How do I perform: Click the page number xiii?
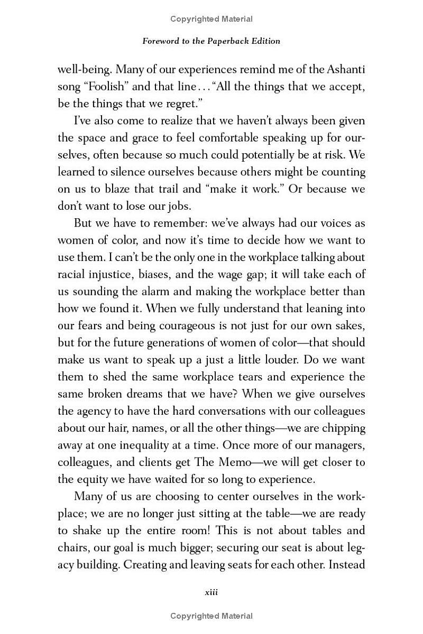[212, 592]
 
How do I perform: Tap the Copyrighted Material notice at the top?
[212, 19]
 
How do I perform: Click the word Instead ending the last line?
[346, 564]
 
